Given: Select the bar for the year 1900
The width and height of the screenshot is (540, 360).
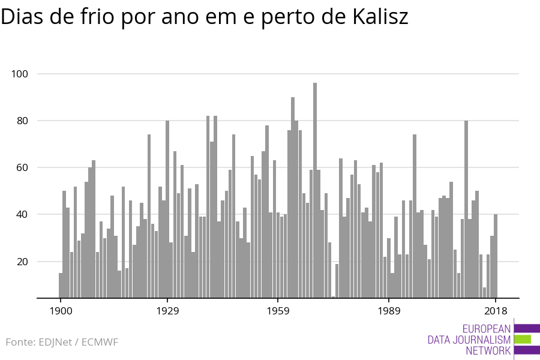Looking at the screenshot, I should click(x=61, y=286).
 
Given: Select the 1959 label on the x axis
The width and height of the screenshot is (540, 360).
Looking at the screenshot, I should click(x=278, y=311).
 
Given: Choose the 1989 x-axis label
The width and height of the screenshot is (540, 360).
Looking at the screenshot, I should click(x=389, y=311).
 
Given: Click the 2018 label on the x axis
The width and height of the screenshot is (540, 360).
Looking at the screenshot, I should click(x=496, y=311).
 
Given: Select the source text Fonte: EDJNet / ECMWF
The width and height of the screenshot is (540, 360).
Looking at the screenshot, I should click(x=62, y=342).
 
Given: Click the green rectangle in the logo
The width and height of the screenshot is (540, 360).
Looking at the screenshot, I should click(x=523, y=339).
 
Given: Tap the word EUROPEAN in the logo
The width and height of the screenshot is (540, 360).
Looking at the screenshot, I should click(x=487, y=329).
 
